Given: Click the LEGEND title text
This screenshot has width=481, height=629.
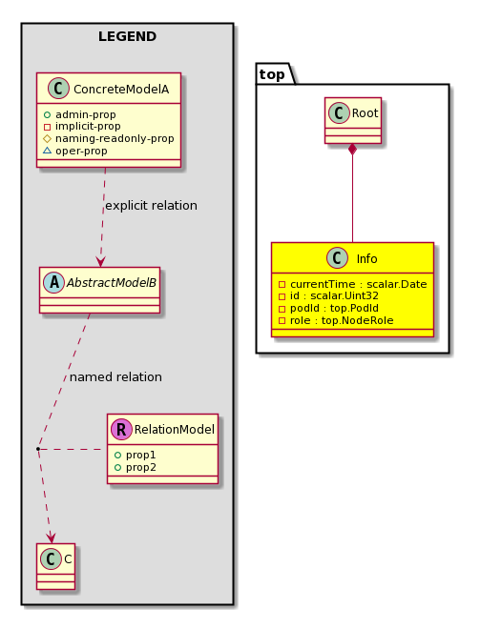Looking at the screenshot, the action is point(127,36).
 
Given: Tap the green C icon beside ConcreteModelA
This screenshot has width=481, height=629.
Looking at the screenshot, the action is point(58,89).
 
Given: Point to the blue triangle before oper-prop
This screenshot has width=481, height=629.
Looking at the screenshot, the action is point(47,151).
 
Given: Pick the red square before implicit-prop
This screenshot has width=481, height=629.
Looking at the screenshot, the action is point(47,127).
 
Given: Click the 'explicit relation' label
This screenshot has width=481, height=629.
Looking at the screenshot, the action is point(151,206).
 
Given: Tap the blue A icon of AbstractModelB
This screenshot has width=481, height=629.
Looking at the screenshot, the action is point(53,282).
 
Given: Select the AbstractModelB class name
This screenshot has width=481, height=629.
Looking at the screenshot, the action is point(112,283).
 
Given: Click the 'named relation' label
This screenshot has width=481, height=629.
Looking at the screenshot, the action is point(115,377).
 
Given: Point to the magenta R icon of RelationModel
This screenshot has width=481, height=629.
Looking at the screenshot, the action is point(121,429).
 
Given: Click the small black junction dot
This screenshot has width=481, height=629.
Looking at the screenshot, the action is point(38,449).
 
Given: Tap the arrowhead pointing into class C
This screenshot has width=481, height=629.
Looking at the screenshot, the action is point(51,538).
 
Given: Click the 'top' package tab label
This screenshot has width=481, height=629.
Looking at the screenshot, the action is point(272,74).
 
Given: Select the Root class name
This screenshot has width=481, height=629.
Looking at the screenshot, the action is point(365,113).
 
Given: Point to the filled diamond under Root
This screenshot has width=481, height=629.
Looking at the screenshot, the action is point(352,150).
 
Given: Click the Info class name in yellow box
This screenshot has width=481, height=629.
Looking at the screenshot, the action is point(366,258).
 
